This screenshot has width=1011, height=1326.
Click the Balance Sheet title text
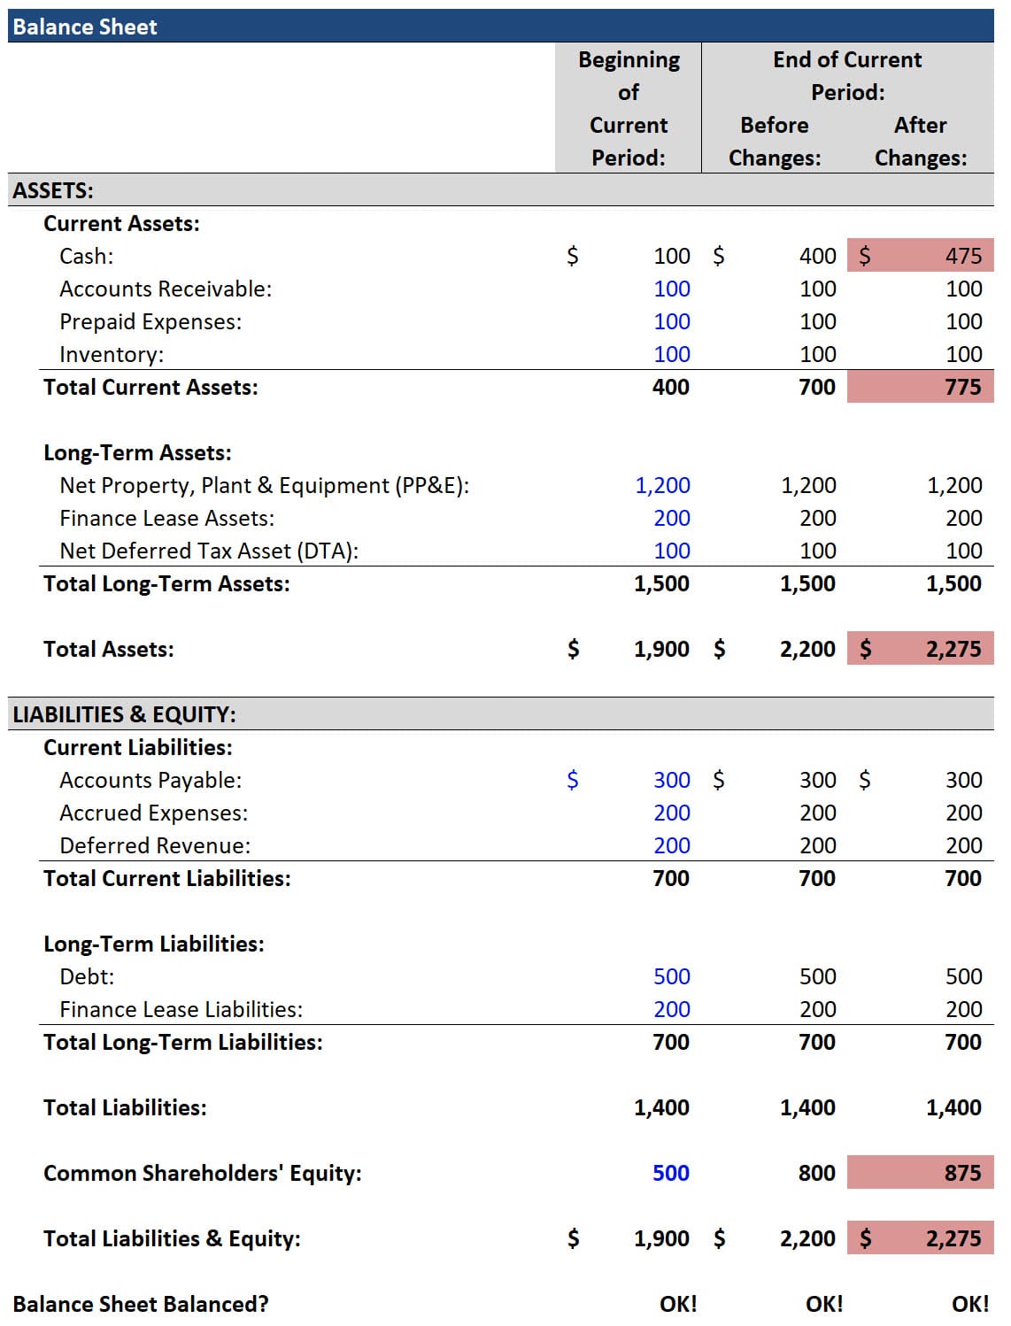pos(85,27)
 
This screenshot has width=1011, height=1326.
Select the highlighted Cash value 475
pos(963,256)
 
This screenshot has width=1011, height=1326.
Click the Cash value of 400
pos(817,256)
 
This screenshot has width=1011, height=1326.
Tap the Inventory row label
pos(112,354)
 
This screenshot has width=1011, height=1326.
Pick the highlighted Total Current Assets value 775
pos(962,387)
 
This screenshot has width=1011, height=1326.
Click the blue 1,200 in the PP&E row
pos(662,485)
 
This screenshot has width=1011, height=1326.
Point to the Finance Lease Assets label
pos(166,518)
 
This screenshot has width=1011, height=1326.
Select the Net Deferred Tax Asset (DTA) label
pos(209,551)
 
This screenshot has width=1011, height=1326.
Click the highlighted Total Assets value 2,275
pos(953,649)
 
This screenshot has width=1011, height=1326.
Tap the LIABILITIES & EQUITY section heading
pos(124,714)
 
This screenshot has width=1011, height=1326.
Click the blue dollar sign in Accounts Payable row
pos(572,780)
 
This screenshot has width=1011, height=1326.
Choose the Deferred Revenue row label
pos(155,845)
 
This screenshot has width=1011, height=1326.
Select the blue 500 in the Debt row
pos(671,976)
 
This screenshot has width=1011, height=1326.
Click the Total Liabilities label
pos(125,1107)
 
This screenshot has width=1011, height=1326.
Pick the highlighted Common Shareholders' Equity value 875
pos(962,1173)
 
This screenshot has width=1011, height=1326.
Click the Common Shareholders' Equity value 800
pos(816,1173)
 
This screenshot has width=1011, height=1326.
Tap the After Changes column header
pos(921,142)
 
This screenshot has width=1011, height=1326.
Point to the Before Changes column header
pos(775,142)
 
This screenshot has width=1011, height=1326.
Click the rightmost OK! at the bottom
pos(970,1304)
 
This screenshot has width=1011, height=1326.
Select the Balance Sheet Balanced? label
pos(141,1304)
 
